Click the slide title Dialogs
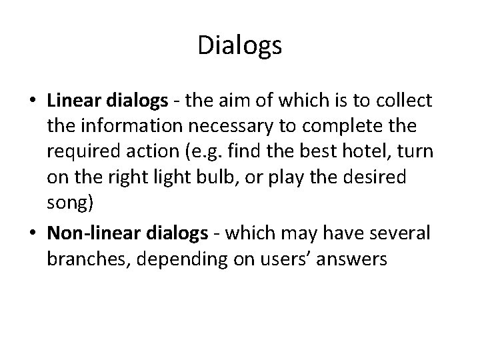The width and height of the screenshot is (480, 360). click(x=240, y=46)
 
